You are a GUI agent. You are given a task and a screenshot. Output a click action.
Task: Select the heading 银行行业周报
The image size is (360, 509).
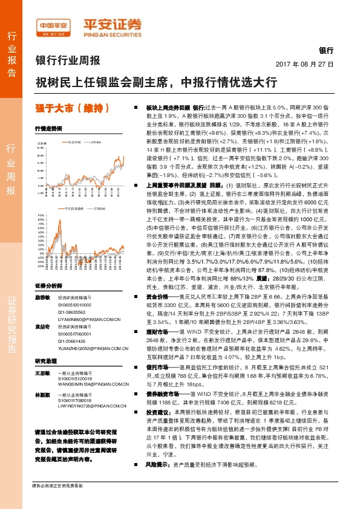coord(67,60)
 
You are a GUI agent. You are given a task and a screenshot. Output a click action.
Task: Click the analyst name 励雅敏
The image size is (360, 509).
coord(42,298)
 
